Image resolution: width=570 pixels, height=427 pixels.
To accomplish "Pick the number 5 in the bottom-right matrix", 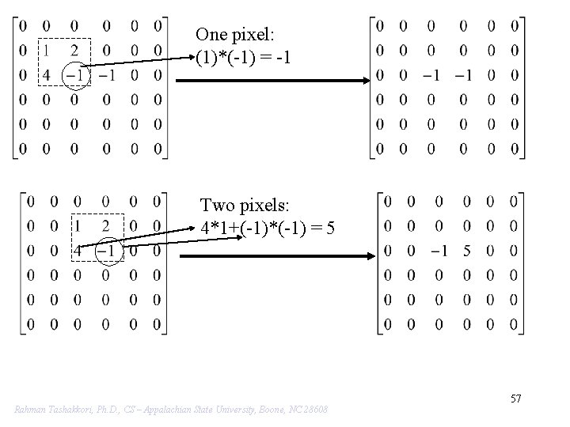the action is pyautogui.click(x=466, y=251).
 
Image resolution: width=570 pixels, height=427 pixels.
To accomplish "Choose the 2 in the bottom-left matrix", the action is pyautogui.click(x=106, y=226).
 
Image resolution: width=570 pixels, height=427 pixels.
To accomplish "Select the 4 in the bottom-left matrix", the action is pyautogui.click(x=78, y=251).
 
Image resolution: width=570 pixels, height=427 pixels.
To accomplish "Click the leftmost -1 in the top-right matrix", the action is pyautogui.click(x=430, y=75).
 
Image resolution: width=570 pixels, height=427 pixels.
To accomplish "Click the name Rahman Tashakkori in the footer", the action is pyautogui.click(x=51, y=409).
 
